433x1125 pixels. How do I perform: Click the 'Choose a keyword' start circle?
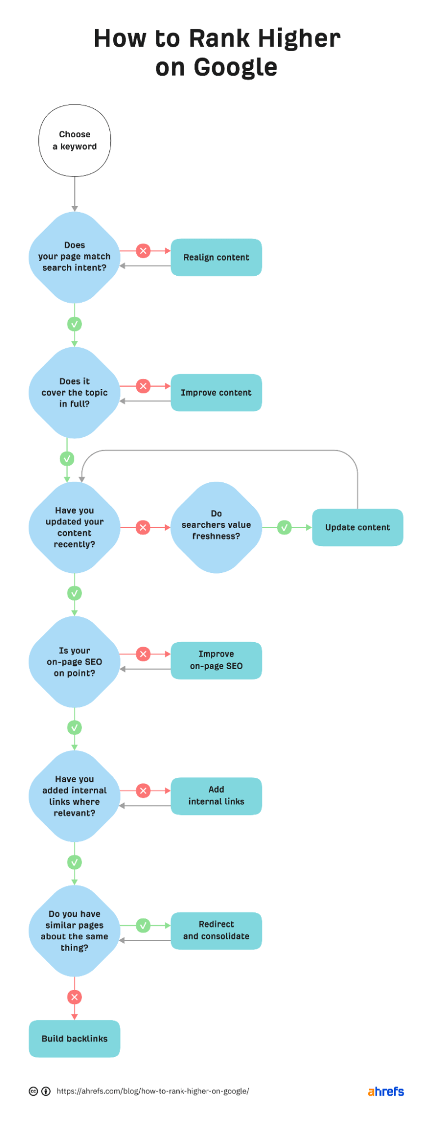tap(74, 141)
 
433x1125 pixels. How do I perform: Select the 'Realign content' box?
tap(216, 257)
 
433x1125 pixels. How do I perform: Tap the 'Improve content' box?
tap(216, 392)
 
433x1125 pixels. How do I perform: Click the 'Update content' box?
tap(358, 527)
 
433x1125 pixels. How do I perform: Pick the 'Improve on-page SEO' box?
tap(216, 660)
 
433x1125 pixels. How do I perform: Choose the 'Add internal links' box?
tap(216, 796)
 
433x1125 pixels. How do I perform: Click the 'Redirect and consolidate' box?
tap(216, 930)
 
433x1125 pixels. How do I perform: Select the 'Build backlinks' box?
tap(74, 1038)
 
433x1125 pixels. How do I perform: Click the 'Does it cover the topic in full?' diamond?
tap(74, 392)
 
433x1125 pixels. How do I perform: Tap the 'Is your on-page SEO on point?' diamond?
tap(74, 662)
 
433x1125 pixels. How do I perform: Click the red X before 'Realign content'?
tap(143, 250)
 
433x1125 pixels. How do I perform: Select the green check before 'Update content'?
tap(284, 527)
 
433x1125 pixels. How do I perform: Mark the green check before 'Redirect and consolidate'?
tap(143, 925)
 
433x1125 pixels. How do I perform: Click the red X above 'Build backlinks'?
tap(74, 997)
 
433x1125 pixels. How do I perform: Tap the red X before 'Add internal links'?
tap(143, 791)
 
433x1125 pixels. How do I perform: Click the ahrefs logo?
tap(386, 1091)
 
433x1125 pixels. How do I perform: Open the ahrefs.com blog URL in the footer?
tap(153, 1091)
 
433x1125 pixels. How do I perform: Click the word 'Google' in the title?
tap(235, 68)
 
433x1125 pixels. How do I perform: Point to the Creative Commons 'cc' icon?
tap(33, 1091)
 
